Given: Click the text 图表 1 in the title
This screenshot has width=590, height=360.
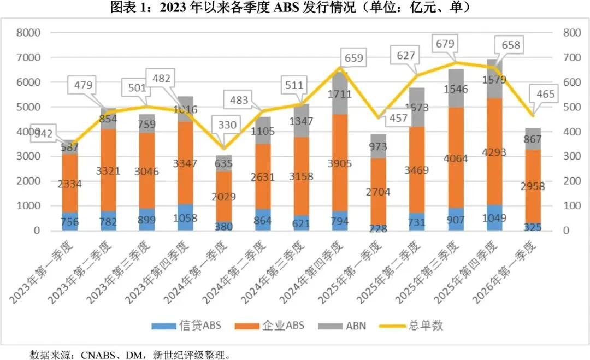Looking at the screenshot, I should (x=128, y=8).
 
